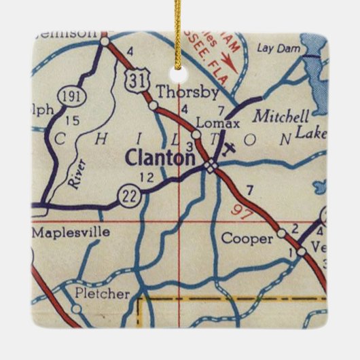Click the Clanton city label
tap(159, 158)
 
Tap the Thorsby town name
tap(178, 92)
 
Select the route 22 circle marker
tap(128, 196)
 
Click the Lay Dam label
tap(274, 48)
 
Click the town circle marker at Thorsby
tap(154, 105)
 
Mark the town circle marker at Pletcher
tap(77, 308)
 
